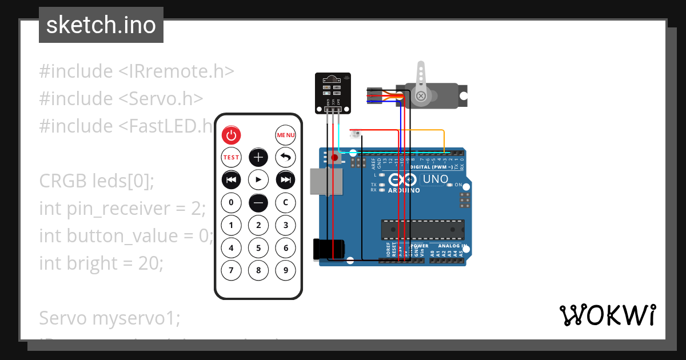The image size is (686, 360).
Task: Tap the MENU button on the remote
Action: pyautogui.click(x=286, y=135)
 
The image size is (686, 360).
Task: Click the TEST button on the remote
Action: pyautogui.click(x=231, y=157)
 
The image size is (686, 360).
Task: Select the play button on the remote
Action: pyautogui.click(x=258, y=180)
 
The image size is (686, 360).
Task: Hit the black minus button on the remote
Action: pyautogui.click(x=258, y=202)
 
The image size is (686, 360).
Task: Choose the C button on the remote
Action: pyautogui.click(x=286, y=202)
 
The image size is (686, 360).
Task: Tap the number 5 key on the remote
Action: pyautogui.click(x=258, y=248)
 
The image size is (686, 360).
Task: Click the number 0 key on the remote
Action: pyautogui.click(x=231, y=202)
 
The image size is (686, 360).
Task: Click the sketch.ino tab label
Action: pyautogui.click(x=101, y=25)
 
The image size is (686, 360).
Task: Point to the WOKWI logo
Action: pyautogui.click(x=607, y=315)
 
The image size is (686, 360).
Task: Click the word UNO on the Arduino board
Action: pyautogui.click(x=434, y=179)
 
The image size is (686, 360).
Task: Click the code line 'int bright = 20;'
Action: pyautogui.click(x=101, y=263)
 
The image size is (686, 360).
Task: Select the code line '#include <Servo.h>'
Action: pyautogui.click(x=121, y=98)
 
